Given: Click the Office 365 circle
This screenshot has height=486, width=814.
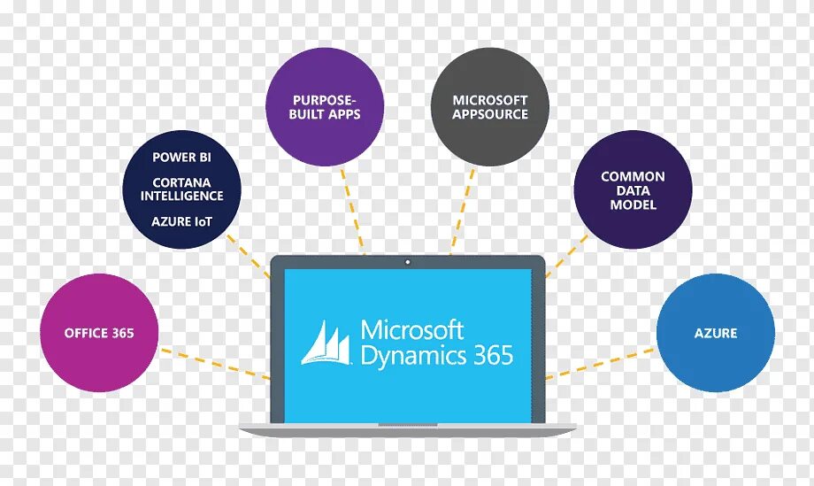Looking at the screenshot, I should tap(99, 333).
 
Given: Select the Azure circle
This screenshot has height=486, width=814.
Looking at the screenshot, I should tap(715, 333).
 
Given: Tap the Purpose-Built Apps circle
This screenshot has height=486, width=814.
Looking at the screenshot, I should tap(326, 107).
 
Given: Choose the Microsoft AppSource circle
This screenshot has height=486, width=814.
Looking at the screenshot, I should tap(490, 107).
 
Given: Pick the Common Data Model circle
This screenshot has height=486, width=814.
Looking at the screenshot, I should tap(632, 189).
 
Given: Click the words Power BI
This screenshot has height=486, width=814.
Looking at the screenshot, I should tap(181, 158).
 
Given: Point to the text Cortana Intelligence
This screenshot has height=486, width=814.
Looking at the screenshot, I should tap(181, 188).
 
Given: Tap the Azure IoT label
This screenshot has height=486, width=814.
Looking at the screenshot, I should tap(181, 220).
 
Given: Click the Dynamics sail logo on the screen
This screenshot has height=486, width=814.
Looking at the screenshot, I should tap(327, 343).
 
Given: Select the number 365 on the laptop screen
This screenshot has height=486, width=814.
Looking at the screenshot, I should tap(492, 355).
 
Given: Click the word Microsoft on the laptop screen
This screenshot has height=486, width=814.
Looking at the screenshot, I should tap(412, 330).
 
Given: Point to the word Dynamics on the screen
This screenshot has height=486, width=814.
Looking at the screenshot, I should tap(412, 356).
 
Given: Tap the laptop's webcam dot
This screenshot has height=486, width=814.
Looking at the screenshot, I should tap(407, 262).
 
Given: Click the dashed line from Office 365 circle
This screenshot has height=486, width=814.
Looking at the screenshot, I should tap(212, 362).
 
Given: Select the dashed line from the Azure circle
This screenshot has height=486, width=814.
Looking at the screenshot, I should tap(602, 363).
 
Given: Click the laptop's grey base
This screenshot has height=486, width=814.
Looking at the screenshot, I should tap(407, 429).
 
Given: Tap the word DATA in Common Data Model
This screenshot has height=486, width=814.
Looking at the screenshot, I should tap(633, 190).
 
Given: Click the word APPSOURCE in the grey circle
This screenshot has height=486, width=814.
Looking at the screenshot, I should tap(490, 115).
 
